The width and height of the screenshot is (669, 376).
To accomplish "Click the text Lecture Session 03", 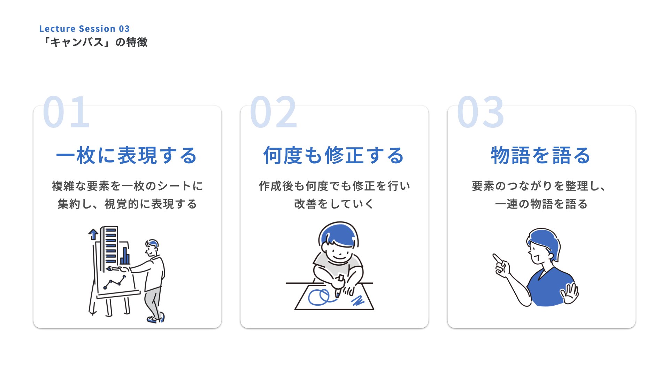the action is [x=84, y=29].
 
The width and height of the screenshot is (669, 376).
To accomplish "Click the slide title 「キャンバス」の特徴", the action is [x=94, y=42].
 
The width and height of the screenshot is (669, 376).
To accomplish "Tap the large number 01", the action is [x=66, y=112].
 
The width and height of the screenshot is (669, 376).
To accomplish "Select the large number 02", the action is [x=274, y=112].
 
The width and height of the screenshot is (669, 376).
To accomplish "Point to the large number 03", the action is [x=480, y=112].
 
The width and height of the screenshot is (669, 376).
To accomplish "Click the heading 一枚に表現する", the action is [x=127, y=155].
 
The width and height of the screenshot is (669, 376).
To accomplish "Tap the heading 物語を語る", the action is [x=541, y=155].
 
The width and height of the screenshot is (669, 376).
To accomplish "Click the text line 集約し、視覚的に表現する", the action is [x=127, y=204].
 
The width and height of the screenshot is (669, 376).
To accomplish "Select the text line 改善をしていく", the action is [x=334, y=204].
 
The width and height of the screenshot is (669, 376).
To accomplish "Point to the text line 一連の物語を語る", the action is [x=541, y=204].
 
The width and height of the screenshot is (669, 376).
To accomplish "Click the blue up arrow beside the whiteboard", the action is [x=93, y=234].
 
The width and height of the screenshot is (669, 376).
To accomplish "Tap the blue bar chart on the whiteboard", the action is [x=125, y=256].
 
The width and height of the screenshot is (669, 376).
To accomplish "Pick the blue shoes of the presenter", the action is [x=155, y=319].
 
